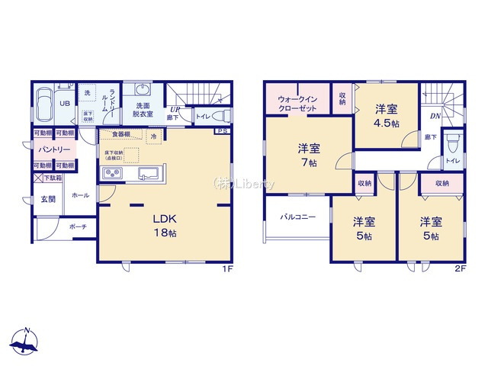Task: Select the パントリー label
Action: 51,149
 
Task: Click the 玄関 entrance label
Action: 48,199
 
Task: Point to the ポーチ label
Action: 78,226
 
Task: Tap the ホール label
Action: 81,195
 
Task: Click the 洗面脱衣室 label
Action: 143,109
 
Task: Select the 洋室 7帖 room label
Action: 309,156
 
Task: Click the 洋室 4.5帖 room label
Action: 387,114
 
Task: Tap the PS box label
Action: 221,130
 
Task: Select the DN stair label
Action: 435,116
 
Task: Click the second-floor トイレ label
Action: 452,161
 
